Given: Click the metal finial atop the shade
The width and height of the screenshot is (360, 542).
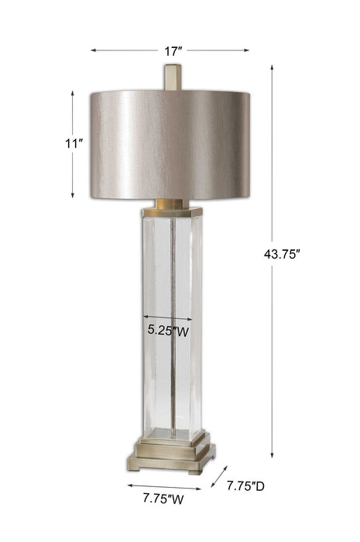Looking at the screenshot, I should pyautogui.click(x=173, y=77).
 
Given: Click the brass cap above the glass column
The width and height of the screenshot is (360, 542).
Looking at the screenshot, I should pyautogui.click(x=172, y=207).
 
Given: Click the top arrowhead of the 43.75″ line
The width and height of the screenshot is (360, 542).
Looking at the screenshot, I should pyautogui.click(x=272, y=68).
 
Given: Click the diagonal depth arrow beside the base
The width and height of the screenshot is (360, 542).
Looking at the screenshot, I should pyautogui.click(x=219, y=477).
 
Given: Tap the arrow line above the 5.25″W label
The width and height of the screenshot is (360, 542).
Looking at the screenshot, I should pyautogui.click(x=169, y=317).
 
